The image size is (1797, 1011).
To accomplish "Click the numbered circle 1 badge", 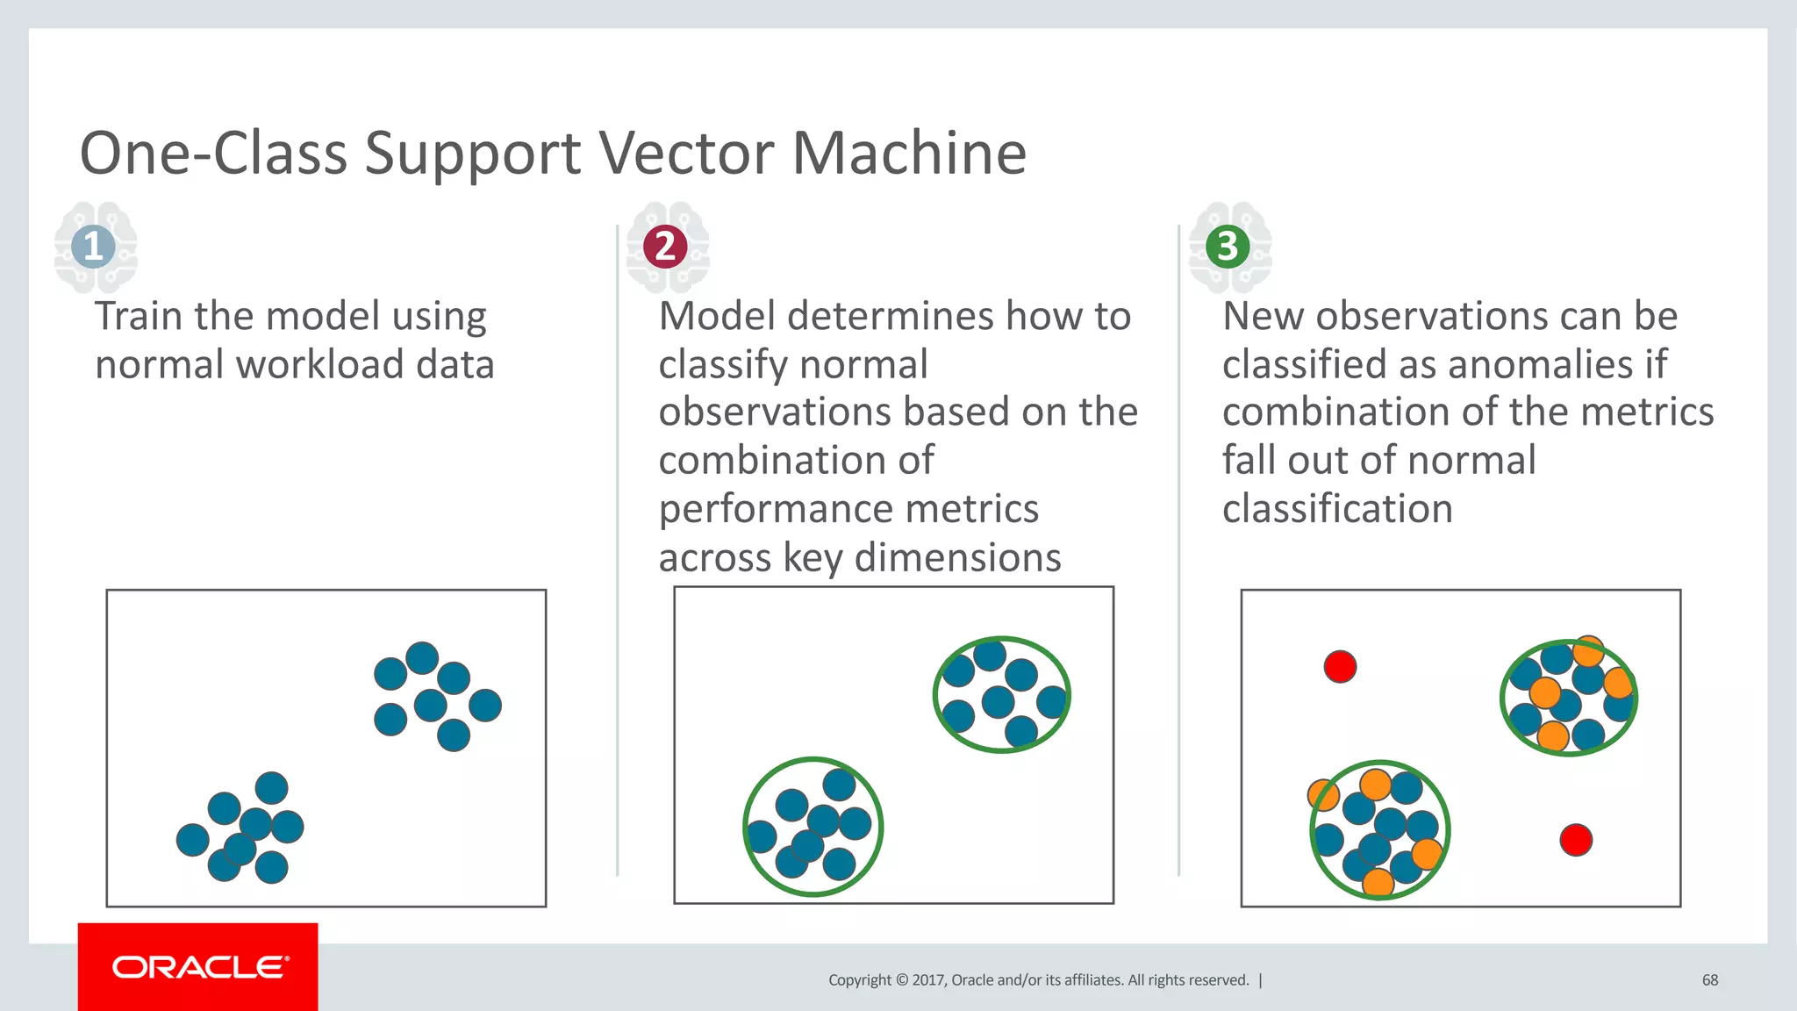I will (93, 246).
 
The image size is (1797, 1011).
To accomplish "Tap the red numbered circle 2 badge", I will (665, 246).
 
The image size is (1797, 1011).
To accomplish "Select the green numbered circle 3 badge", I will (1228, 246).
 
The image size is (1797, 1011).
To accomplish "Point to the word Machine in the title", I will (909, 154).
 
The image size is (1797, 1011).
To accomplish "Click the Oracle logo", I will (199, 967).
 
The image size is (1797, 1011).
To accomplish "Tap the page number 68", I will (1709, 980).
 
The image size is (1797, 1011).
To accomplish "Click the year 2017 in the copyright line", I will (928, 980).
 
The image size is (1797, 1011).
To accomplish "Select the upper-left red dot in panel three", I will (1340, 666).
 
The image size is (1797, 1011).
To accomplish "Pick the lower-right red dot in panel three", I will (1576, 840).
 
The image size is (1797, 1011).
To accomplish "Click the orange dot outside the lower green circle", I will (1321, 795).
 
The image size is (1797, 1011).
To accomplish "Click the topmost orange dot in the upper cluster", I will (1588, 649).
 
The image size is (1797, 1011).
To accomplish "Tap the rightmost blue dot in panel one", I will (485, 705).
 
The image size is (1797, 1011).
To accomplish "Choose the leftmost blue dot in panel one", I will (192, 840).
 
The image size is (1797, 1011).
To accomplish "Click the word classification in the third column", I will (1337, 509).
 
